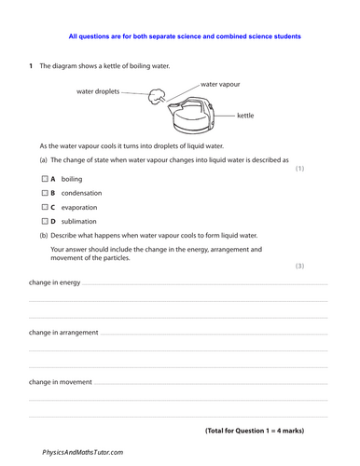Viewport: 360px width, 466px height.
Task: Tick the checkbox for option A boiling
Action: (x=44, y=178)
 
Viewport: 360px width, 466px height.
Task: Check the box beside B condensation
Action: (x=44, y=193)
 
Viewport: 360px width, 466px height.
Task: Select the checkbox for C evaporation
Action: (x=44, y=207)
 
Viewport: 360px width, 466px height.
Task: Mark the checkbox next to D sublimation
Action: (x=44, y=222)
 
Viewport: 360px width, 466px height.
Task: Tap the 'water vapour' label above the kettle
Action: (x=220, y=84)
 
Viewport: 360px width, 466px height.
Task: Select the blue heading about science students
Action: (x=185, y=36)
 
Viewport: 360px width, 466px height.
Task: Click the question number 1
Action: (x=31, y=67)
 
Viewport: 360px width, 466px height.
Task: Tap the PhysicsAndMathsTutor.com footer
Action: (x=83, y=451)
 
